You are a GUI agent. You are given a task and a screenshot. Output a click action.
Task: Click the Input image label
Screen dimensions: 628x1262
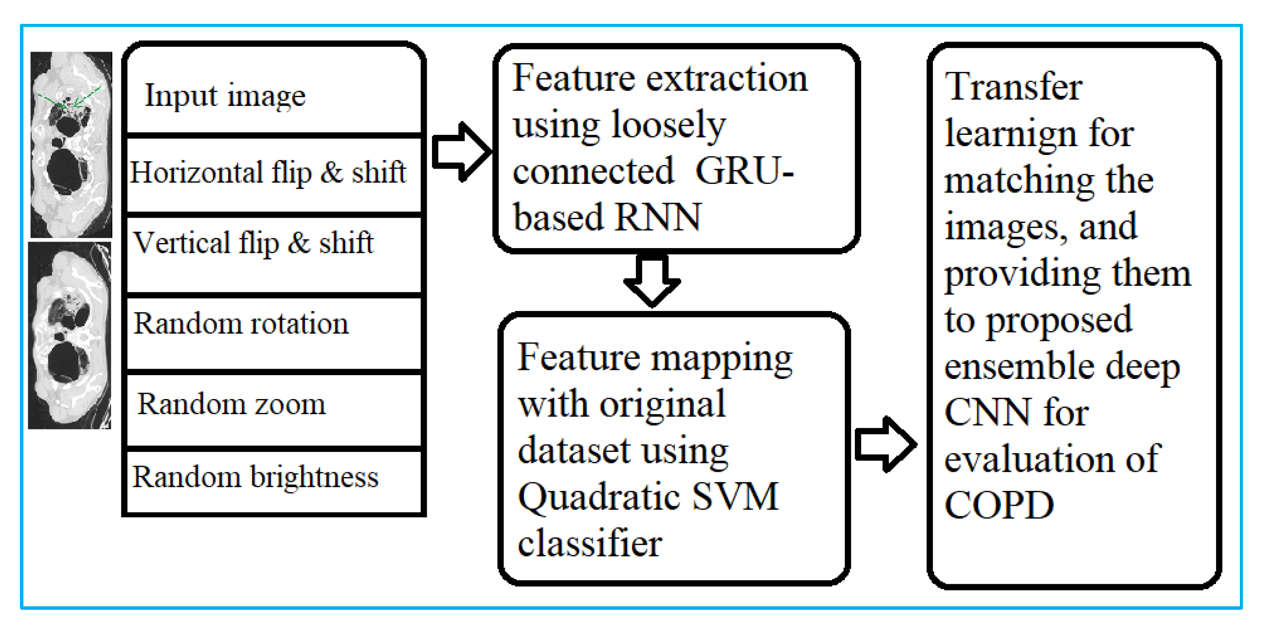226,95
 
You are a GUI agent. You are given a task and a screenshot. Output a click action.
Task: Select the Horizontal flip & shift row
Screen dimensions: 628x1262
268,173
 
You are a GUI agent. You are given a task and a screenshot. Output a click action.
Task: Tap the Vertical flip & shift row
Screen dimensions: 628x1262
253,243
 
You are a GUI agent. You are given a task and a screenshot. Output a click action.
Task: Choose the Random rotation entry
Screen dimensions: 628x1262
241,324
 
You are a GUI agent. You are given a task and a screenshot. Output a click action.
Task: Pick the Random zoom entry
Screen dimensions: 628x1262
231,405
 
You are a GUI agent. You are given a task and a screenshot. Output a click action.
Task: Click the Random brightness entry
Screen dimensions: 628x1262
255,477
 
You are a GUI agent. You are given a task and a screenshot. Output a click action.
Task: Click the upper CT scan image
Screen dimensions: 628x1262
72,144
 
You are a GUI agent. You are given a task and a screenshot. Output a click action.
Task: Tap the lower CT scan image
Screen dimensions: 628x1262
69,336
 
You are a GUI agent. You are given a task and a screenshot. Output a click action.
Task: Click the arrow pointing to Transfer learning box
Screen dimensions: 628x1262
885,444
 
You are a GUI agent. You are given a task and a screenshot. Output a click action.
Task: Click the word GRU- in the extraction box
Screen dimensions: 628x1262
744,171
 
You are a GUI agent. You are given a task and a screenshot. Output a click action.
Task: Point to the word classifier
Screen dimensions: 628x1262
590,543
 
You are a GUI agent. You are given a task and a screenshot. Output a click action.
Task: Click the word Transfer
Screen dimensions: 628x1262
1013,87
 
